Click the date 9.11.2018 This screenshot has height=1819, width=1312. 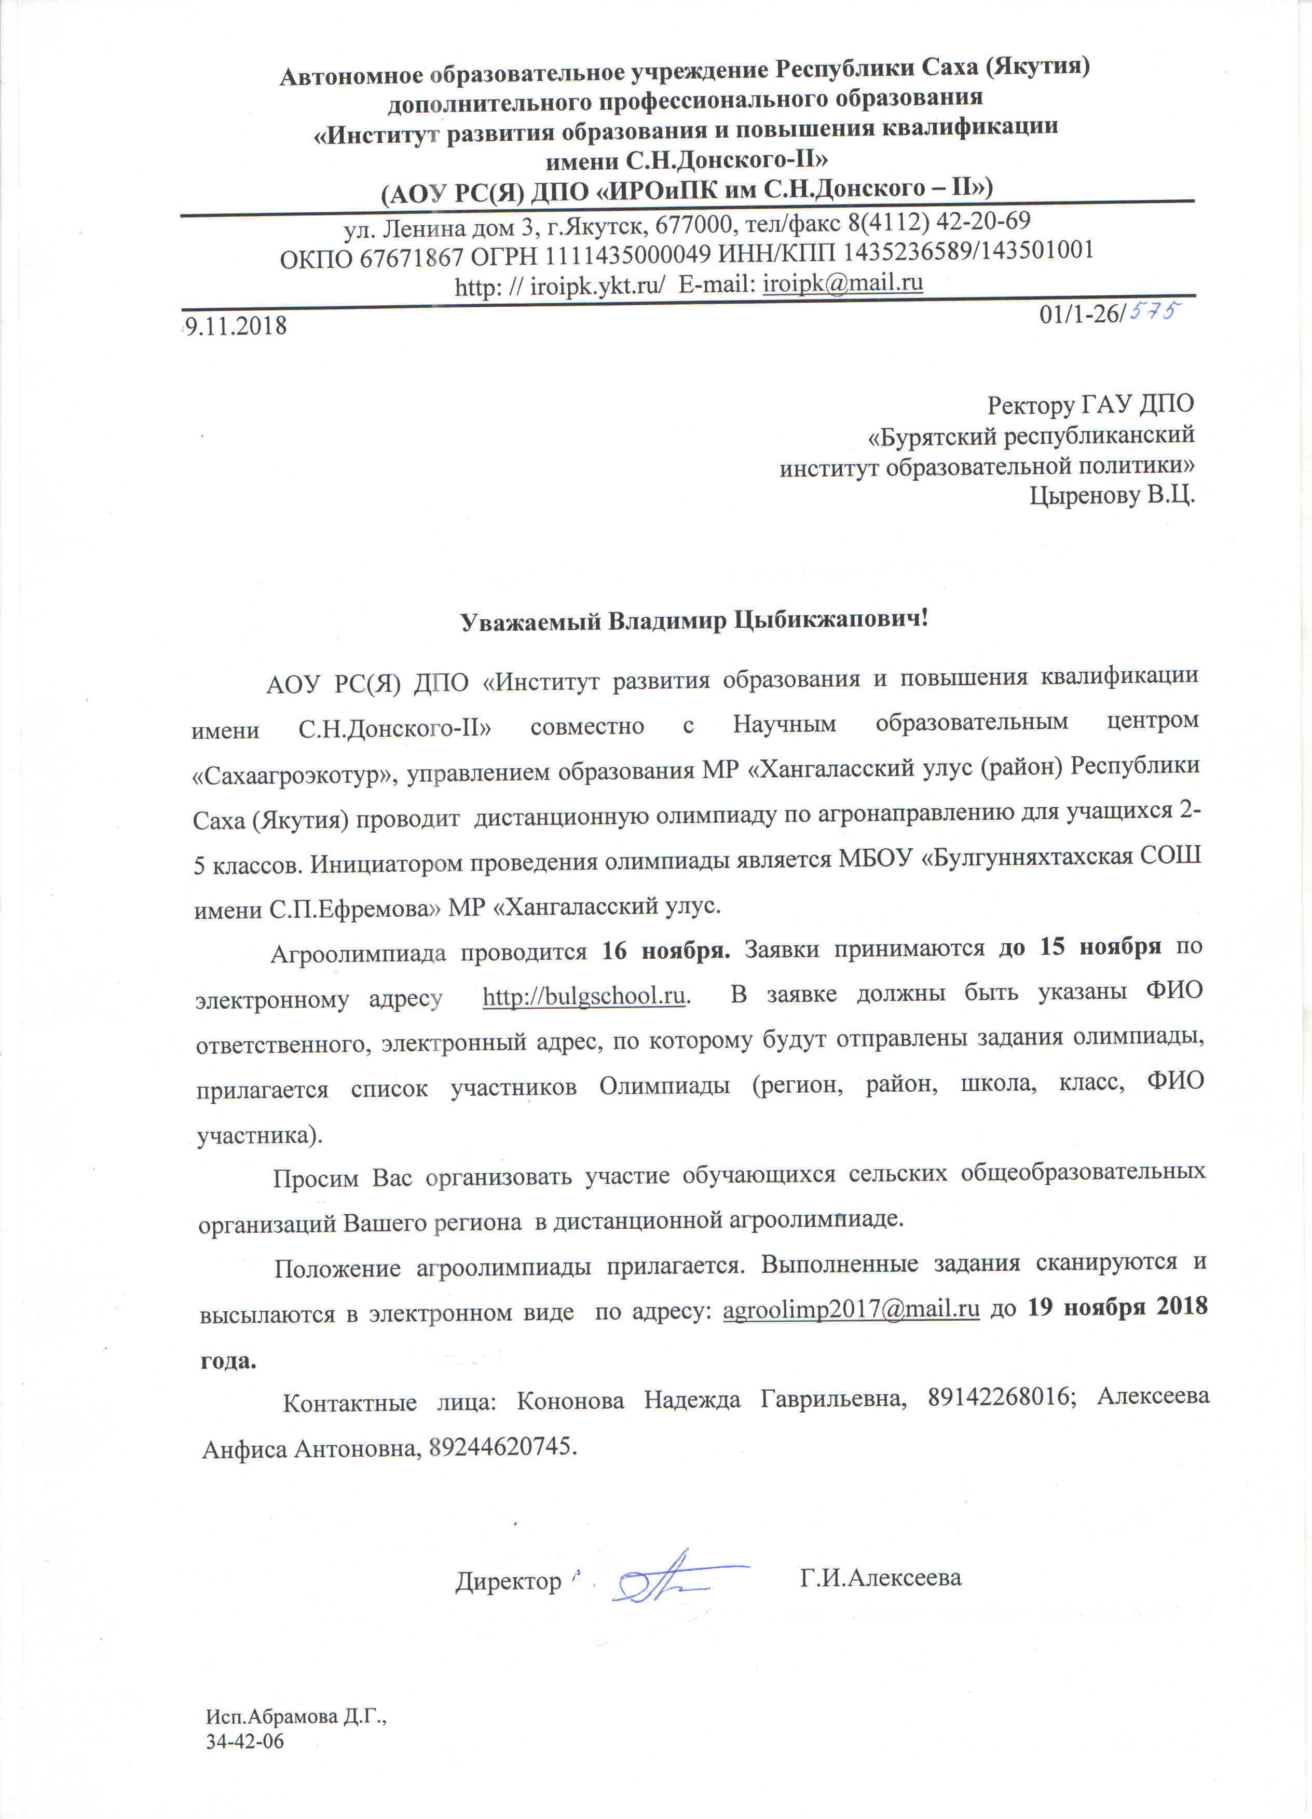pyautogui.click(x=236, y=325)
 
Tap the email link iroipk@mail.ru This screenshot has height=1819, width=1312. pyautogui.click(x=843, y=283)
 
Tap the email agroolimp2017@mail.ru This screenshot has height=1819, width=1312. pyautogui.click(x=851, y=1309)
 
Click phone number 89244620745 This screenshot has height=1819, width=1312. pyautogui.click(x=501, y=1447)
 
